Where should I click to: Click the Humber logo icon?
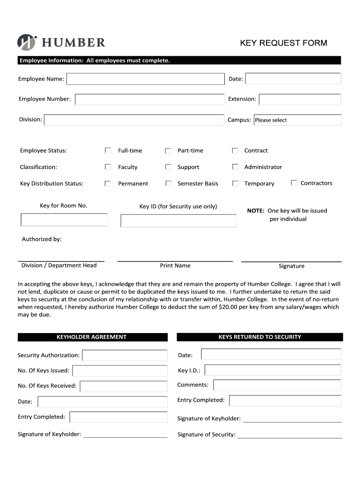[x=27, y=42]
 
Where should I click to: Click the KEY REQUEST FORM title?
[x=283, y=43]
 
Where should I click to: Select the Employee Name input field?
[x=145, y=79]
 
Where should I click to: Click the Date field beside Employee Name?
[x=293, y=79]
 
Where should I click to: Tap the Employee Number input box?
[x=150, y=99]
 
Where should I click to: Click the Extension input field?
[x=300, y=99]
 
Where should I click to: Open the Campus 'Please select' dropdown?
[x=297, y=120]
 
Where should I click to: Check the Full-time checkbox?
[x=108, y=151]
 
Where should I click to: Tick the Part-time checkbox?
[x=168, y=151]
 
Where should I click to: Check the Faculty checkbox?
[x=108, y=167]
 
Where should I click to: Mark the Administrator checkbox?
[x=235, y=167]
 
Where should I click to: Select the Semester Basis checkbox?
[x=168, y=183]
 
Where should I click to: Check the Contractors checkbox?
[x=294, y=183]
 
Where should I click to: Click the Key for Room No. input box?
[x=64, y=220]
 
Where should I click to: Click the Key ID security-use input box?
[x=178, y=221]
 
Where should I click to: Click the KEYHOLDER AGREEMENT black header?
[x=92, y=337]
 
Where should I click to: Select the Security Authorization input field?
[x=124, y=356]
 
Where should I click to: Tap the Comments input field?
[x=277, y=385]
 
